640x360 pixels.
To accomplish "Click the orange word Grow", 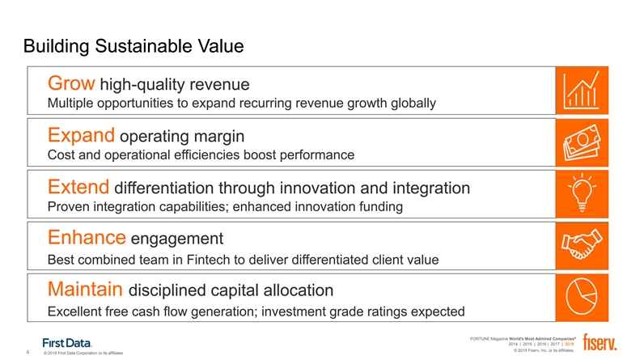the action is pyautogui.click(x=71, y=83).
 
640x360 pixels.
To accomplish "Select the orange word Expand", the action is pyautogui.click(x=81, y=136).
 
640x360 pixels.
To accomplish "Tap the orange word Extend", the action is pyautogui.click(x=78, y=187).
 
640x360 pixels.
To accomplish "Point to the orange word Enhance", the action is pyautogui.click(x=87, y=238).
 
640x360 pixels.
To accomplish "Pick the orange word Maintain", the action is pyautogui.click(x=85, y=289).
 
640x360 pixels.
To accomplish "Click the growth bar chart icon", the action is pyautogui.click(x=582, y=91).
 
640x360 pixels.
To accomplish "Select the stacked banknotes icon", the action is pyautogui.click(x=582, y=142).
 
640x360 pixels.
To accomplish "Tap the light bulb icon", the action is pyautogui.click(x=582, y=193).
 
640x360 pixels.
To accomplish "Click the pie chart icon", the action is pyautogui.click(x=582, y=296).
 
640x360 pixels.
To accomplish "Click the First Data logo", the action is pyautogui.click(x=67, y=343).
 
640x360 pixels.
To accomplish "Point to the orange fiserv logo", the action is pyautogui.click(x=600, y=342).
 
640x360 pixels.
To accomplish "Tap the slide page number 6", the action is pyautogui.click(x=28, y=352).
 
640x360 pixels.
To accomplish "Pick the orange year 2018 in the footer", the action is pyautogui.click(x=570, y=344).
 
